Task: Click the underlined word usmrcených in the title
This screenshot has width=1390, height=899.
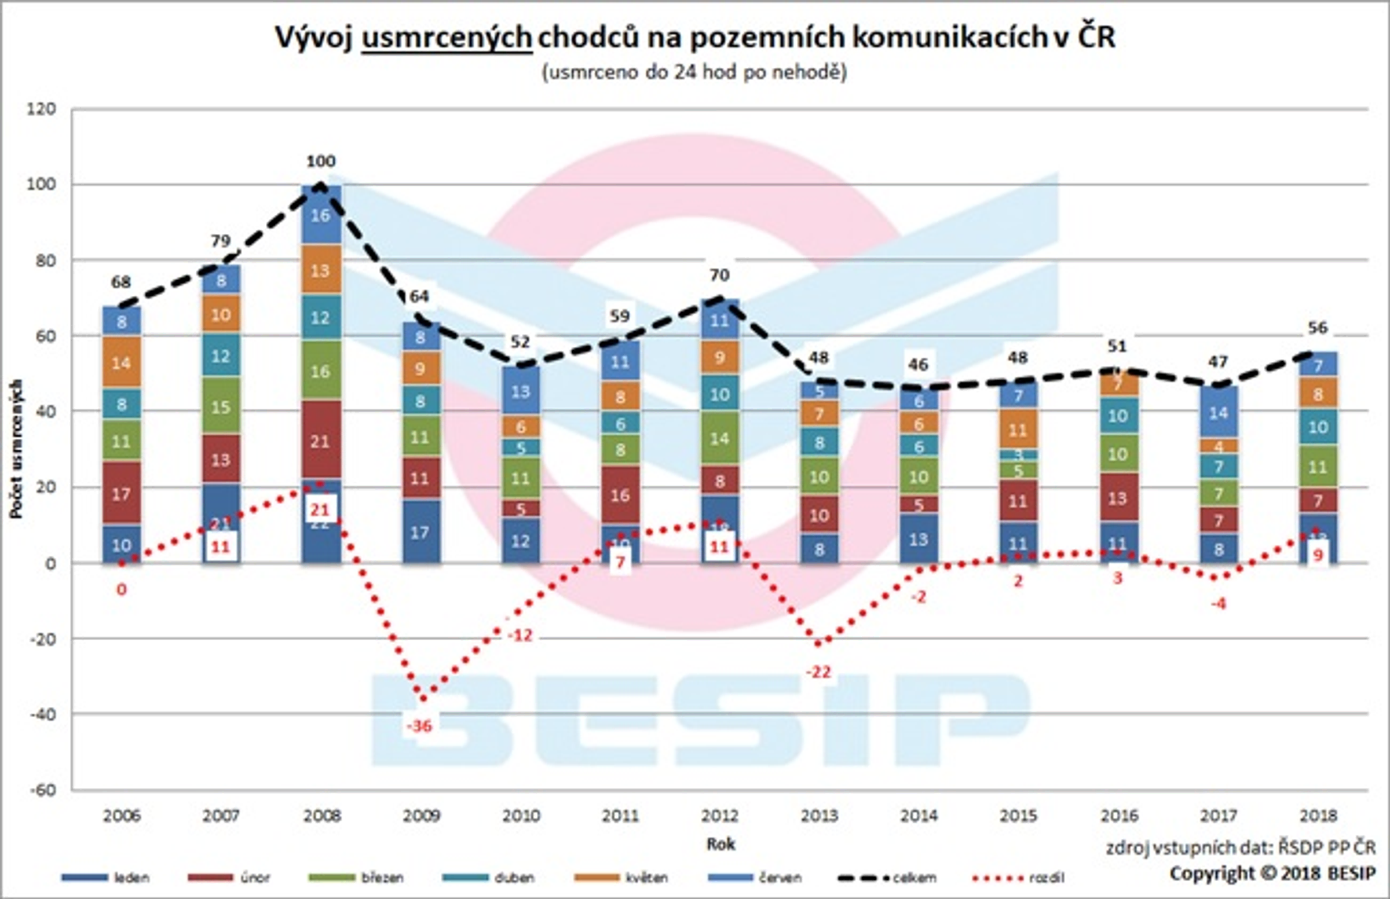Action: tap(446, 38)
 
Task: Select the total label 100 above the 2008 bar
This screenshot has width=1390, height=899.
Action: tap(321, 161)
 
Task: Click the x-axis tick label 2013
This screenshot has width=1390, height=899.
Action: tap(819, 816)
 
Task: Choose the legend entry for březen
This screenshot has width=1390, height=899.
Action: tap(356, 878)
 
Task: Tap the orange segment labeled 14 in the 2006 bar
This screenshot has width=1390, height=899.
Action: tap(122, 363)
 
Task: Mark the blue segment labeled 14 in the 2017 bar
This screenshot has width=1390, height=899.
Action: tap(1219, 413)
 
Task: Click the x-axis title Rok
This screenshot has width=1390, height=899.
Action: tap(720, 843)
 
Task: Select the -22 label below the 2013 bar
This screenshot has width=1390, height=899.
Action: tap(818, 672)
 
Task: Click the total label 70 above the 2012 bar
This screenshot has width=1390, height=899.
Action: tap(719, 275)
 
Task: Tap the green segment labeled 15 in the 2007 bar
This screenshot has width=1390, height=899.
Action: tap(221, 406)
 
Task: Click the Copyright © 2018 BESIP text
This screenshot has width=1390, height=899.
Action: tap(1272, 874)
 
